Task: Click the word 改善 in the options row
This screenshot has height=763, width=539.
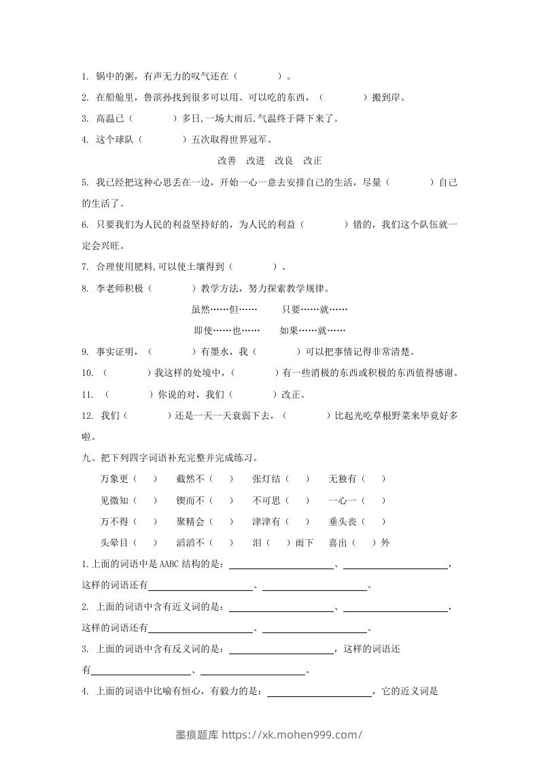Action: click(x=227, y=161)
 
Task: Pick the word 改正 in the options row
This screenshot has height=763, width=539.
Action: click(x=313, y=161)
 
